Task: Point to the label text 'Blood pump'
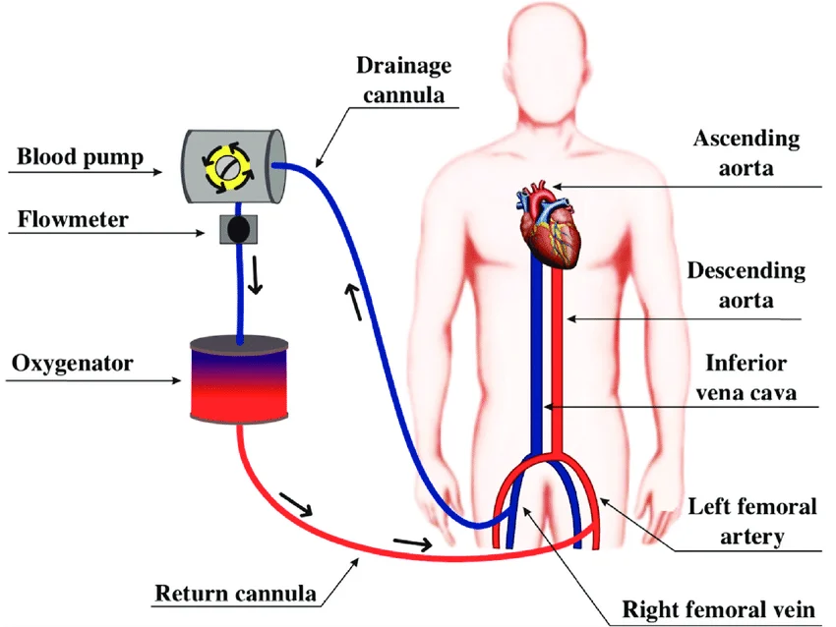tap(81, 156)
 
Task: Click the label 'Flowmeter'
tap(73, 219)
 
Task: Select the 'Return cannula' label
tap(236, 594)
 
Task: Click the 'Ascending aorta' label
tap(746, 152)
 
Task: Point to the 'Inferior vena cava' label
tap(746, 378)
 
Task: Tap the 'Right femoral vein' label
tap(719, 609)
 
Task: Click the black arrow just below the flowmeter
tap(258, 277)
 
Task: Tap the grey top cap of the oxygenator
tap(239, 343)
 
